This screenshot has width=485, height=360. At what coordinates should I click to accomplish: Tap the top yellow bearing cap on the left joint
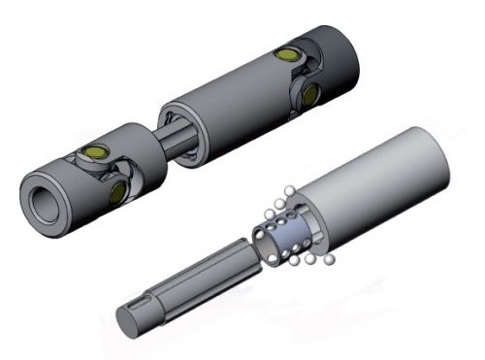[96, 153]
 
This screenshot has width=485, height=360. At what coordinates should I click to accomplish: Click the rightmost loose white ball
[330, 259]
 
